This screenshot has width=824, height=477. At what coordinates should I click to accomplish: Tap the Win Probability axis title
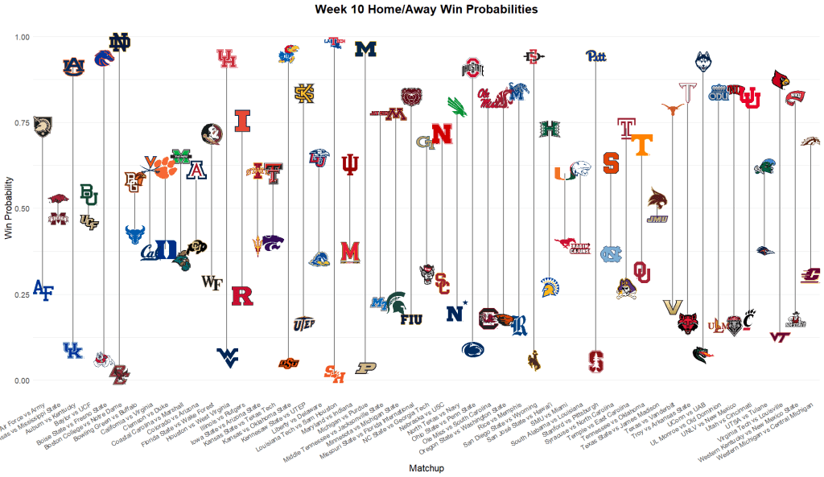pos(8,208)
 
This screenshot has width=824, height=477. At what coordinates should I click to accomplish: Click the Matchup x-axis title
pos(427,467)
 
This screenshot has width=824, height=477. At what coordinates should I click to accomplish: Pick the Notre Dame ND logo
pos(119,43)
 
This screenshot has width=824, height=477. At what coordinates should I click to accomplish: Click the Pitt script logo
pos(595,56)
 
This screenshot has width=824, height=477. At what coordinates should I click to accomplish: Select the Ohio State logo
pos(473,68)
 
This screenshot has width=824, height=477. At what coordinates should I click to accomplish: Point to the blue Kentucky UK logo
pos(73,350)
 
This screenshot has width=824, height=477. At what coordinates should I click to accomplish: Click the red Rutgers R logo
pos(242,296)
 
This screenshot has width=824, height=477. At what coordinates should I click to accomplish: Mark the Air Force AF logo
pos(43,291)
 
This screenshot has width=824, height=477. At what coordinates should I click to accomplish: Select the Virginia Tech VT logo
pos(780,338)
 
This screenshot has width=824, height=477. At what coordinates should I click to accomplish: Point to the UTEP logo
pos(304,323)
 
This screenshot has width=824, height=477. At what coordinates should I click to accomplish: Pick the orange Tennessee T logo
pos(641,145)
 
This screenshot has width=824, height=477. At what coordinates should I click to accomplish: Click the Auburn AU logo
pos(74,66)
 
